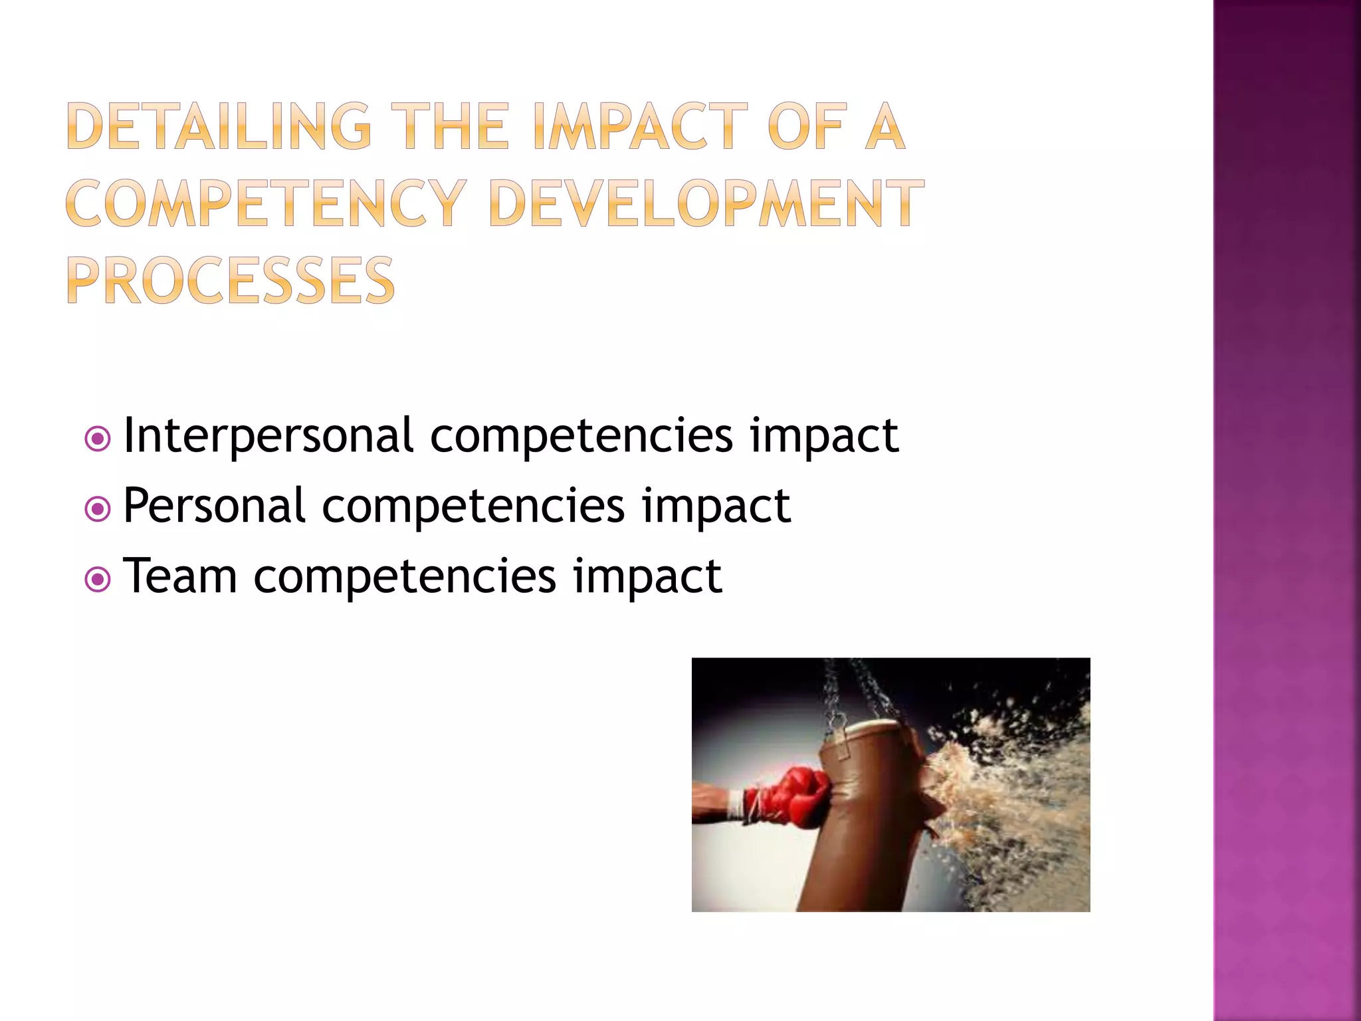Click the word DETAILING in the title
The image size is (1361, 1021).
click(219, 126)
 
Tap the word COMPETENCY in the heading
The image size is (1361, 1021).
click(266, 203)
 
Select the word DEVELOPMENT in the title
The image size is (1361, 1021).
click(706, 203)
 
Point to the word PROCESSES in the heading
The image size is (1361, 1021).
click(231, 280)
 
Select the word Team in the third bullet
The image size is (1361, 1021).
click(180, 576)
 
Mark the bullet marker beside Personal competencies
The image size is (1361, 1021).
click(98, 509)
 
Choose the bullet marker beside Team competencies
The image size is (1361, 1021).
click(98, 580)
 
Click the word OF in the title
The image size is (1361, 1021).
click(807, 126)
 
